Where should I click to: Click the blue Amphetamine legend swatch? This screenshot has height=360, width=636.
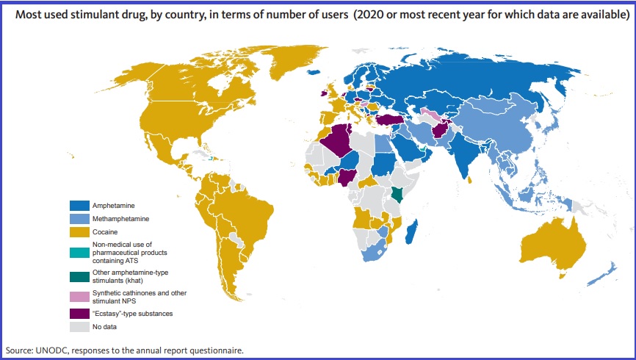(79, 205)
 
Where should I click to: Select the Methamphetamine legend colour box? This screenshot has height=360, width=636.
(79, 219)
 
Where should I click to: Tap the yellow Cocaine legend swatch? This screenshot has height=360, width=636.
(79, 232)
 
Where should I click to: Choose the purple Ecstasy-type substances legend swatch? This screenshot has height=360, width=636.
(79, 313)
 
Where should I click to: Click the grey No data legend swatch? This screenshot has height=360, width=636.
(79, 326)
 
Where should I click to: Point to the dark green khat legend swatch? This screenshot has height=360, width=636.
(79, 277)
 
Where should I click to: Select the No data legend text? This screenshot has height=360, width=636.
(105, 326)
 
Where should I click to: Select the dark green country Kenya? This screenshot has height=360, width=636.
(397, 194)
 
